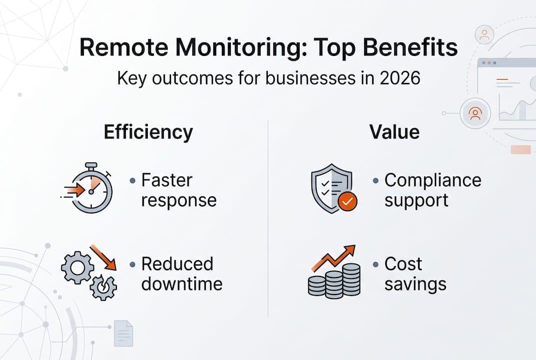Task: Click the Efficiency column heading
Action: (x=148, y=132)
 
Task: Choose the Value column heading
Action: (x=394, y=132)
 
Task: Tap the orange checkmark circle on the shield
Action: (x=347, y=201)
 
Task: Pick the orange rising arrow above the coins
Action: (x=333, y=257)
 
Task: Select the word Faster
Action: (x=167, y=180)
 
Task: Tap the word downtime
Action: (x=182, y=284)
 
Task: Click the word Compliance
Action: (x=433, y=180)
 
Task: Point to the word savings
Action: (x=415, y=284)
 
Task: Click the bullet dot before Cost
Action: (x=376, y=264)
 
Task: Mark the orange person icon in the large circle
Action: (x=475, y=114)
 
